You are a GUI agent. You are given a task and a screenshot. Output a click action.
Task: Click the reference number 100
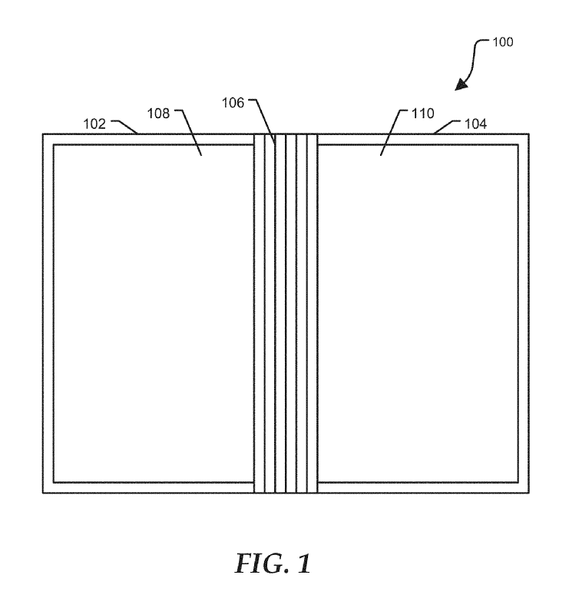(x=503, y=42)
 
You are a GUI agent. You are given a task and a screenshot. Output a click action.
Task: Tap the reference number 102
(x=95, y=123)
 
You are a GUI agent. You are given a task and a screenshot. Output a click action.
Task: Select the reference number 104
(x=475, y=123)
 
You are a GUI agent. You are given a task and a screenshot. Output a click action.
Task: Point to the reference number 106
(x=234, y=101)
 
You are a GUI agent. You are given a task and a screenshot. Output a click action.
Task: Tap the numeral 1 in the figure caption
(x=304, y=564)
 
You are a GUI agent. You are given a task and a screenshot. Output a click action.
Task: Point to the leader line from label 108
(x=192, y=134)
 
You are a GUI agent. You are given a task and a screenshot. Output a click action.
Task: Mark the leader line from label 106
(x=266, y=123)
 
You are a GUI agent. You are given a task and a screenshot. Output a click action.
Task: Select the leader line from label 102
(x=127, y=127)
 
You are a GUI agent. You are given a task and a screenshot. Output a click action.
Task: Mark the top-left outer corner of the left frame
(x=43, y=135)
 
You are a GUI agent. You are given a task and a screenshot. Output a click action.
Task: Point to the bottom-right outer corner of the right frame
(x=528, y=492)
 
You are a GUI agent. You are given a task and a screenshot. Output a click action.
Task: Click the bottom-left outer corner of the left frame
(x=43, y=492)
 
